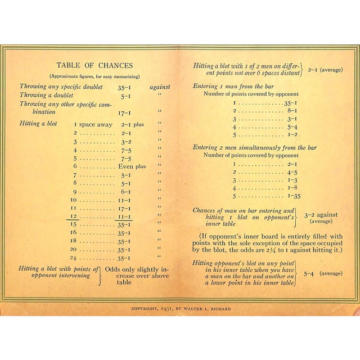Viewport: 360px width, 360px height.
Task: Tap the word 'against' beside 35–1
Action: pos(160,87)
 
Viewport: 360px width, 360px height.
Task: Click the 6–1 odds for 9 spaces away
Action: pos(125,192)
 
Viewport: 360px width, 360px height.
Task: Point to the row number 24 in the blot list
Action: pos(73,258)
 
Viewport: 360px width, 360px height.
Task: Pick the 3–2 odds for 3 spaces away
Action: pos(125,142)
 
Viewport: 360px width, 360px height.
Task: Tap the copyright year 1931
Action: pos(169,309)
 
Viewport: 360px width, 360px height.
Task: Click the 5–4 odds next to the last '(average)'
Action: pos(309,274)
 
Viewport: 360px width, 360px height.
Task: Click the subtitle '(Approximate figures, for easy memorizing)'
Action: pos(94,76)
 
